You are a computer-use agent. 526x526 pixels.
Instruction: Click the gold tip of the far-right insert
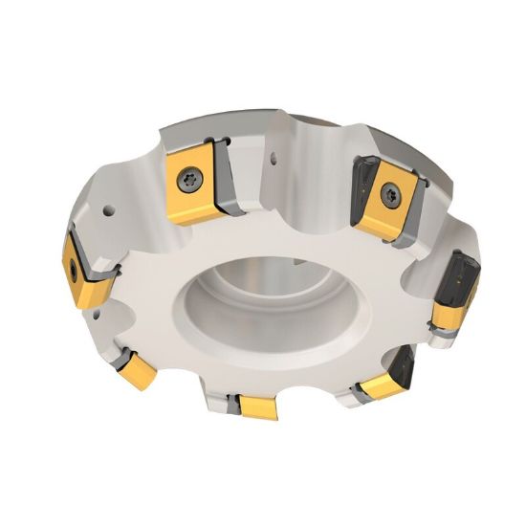pos(447,312)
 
